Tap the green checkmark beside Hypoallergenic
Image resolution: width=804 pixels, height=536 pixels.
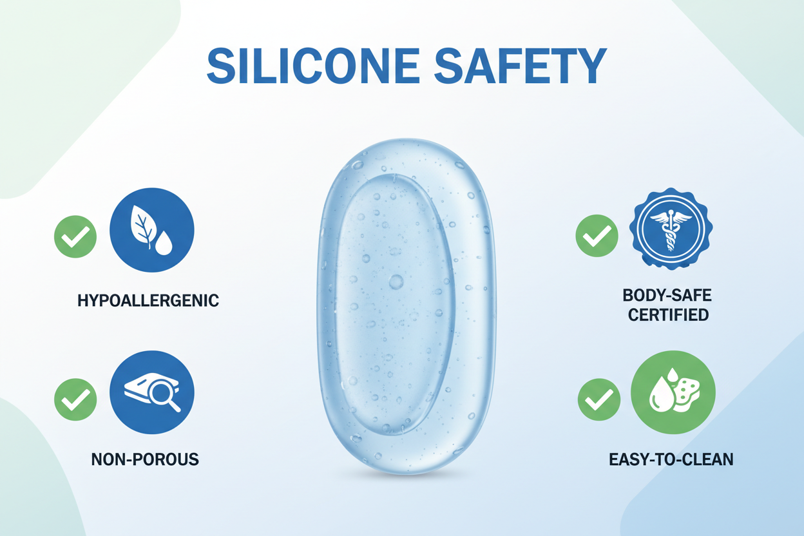pos(75,237)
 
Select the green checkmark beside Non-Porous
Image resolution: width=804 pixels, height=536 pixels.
pos(75,399)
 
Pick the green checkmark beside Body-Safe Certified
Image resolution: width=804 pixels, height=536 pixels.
pos(597,236)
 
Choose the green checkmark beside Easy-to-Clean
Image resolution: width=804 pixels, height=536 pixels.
pos(599,399)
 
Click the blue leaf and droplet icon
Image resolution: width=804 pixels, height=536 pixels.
pos(152,230)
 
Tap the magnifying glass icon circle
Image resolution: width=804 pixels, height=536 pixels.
pos(152,392)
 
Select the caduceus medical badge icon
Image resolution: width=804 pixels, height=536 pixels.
pos(670,229)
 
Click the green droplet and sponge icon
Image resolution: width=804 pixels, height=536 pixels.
pos(673,392)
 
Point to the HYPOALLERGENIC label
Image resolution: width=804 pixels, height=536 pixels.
pos(148,300)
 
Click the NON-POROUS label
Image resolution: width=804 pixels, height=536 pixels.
pos(145,459)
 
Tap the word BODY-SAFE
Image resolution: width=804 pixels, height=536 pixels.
pos(668,296)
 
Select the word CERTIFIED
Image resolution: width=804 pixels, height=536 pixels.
pos(668,315)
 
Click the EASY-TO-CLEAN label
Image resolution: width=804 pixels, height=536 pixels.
pos(671,460)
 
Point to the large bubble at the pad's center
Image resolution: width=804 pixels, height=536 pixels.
pos(396,282)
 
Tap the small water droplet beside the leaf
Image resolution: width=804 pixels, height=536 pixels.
pos(164,245)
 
